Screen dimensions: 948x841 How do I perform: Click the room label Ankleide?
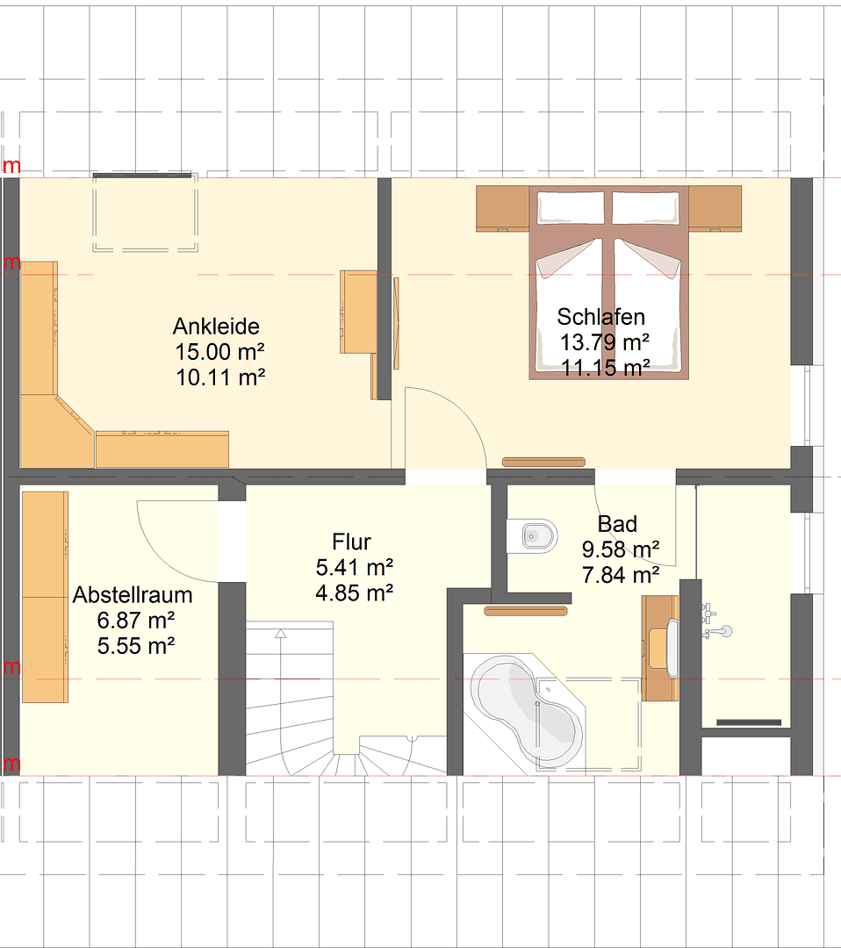tap(216, 327)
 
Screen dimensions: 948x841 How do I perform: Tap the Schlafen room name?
tap(601, 317)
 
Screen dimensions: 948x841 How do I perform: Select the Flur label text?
tap(352, 541)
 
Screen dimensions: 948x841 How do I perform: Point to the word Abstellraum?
tap(133, 595)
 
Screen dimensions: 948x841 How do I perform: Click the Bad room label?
tap(617, 525)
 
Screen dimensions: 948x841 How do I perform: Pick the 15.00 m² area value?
tap(219, 352)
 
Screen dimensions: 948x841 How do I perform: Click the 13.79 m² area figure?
tap(605, 342)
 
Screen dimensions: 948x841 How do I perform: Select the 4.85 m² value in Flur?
tap(354, 592)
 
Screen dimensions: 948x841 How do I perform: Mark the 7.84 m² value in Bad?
tap(621, 575)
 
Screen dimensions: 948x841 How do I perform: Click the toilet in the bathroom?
tap(535, 535)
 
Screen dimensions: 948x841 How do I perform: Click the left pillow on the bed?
tap(571, 207)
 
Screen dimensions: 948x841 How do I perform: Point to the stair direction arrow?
tap(280, 633)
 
